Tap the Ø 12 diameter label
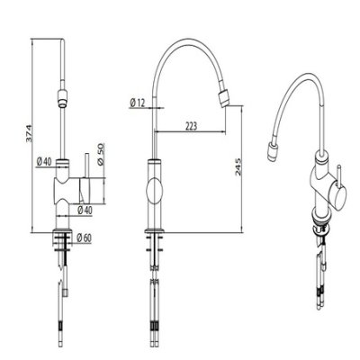[x=138, y=103]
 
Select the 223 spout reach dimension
[x=191, y=126]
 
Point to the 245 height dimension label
[x=238, y=166]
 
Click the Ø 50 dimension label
[x=101, y=154]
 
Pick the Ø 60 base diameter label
[x=84, y=238]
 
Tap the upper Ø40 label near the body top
[x=44, y=162]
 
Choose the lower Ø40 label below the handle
[x=85, y=211]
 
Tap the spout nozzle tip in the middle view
[x=224, y=98]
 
